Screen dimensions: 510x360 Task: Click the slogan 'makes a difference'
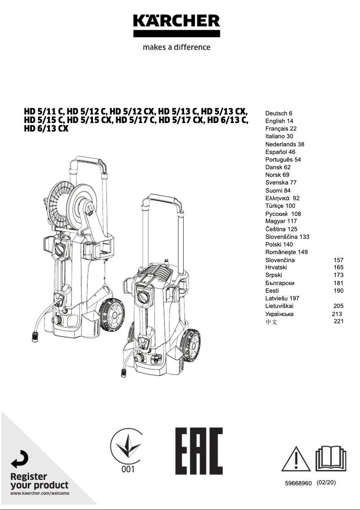[176, 47]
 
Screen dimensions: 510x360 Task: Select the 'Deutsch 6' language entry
[279, 113]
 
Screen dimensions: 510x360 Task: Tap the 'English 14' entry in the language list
[279, 121]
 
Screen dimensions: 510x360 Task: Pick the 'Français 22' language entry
[281, 128]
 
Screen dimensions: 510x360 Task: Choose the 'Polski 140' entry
[279, 244]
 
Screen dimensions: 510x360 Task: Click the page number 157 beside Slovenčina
[338, 260]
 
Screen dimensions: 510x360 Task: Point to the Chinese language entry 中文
[271, 321]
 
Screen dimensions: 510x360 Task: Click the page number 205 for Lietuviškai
[338, 306]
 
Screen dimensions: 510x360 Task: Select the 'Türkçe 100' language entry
[280, 206]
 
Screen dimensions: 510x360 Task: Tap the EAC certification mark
[199, 451]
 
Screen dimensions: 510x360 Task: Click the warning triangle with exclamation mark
[296, 458]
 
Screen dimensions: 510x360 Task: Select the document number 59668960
[298, 483]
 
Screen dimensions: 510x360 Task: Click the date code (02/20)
[326, 483]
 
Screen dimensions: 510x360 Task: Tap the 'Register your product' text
[40, 481]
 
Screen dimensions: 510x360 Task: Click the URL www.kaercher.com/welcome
[40, 493]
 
